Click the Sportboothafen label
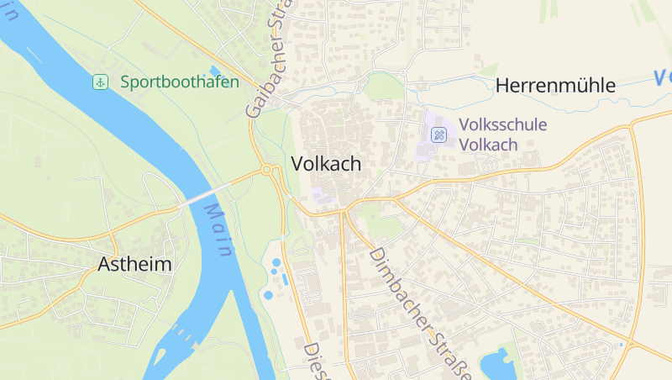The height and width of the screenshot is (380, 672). click(x=179, y=82)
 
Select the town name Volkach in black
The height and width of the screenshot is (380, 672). click(x=327, y=164)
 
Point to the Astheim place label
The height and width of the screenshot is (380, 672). click(x=134, y=264)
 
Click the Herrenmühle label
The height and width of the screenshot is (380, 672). click(x=555, y=85)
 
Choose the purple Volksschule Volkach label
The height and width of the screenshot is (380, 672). click(x=501, y=135)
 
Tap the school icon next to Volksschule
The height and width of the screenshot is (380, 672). click(x=438, y=135)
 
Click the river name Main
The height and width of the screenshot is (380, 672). click(x=218, y=235)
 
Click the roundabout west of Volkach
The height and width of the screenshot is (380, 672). click(x=267, y=170)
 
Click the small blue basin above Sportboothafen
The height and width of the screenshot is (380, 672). click(x=214, y=70)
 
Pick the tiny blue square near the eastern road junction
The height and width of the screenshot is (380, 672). click(x=621, y=345)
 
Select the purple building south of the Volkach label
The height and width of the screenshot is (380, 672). click(x=319, y=195)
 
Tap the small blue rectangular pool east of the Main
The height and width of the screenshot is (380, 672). click(x=285, y=278)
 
